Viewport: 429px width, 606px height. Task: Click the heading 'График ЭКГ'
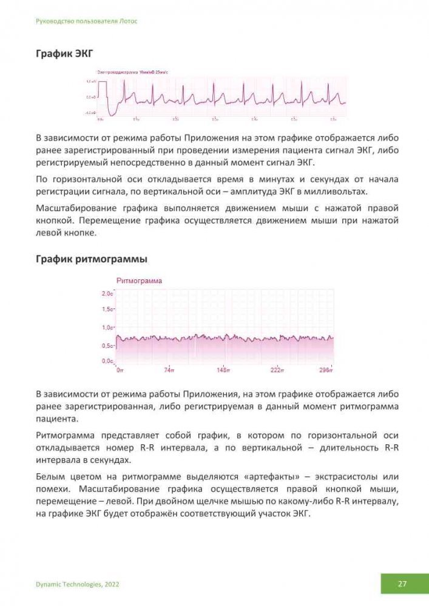tap(64, 55)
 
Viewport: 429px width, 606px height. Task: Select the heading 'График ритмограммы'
tap(91, 259)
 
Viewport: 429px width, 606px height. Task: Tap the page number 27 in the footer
tap(402, 584)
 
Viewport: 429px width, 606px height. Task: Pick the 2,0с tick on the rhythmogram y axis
tap(107, 293)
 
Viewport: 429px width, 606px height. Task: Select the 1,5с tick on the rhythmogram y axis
tap(107, 310)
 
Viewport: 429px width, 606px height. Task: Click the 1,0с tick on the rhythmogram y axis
tap(107, 327)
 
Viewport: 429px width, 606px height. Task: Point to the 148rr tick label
tap(223, 369)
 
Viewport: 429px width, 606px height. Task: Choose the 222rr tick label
tap(277, 369)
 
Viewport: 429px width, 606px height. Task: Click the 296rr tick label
tap(326, 369)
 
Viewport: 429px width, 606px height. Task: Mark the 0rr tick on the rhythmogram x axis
tap(120, 369)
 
